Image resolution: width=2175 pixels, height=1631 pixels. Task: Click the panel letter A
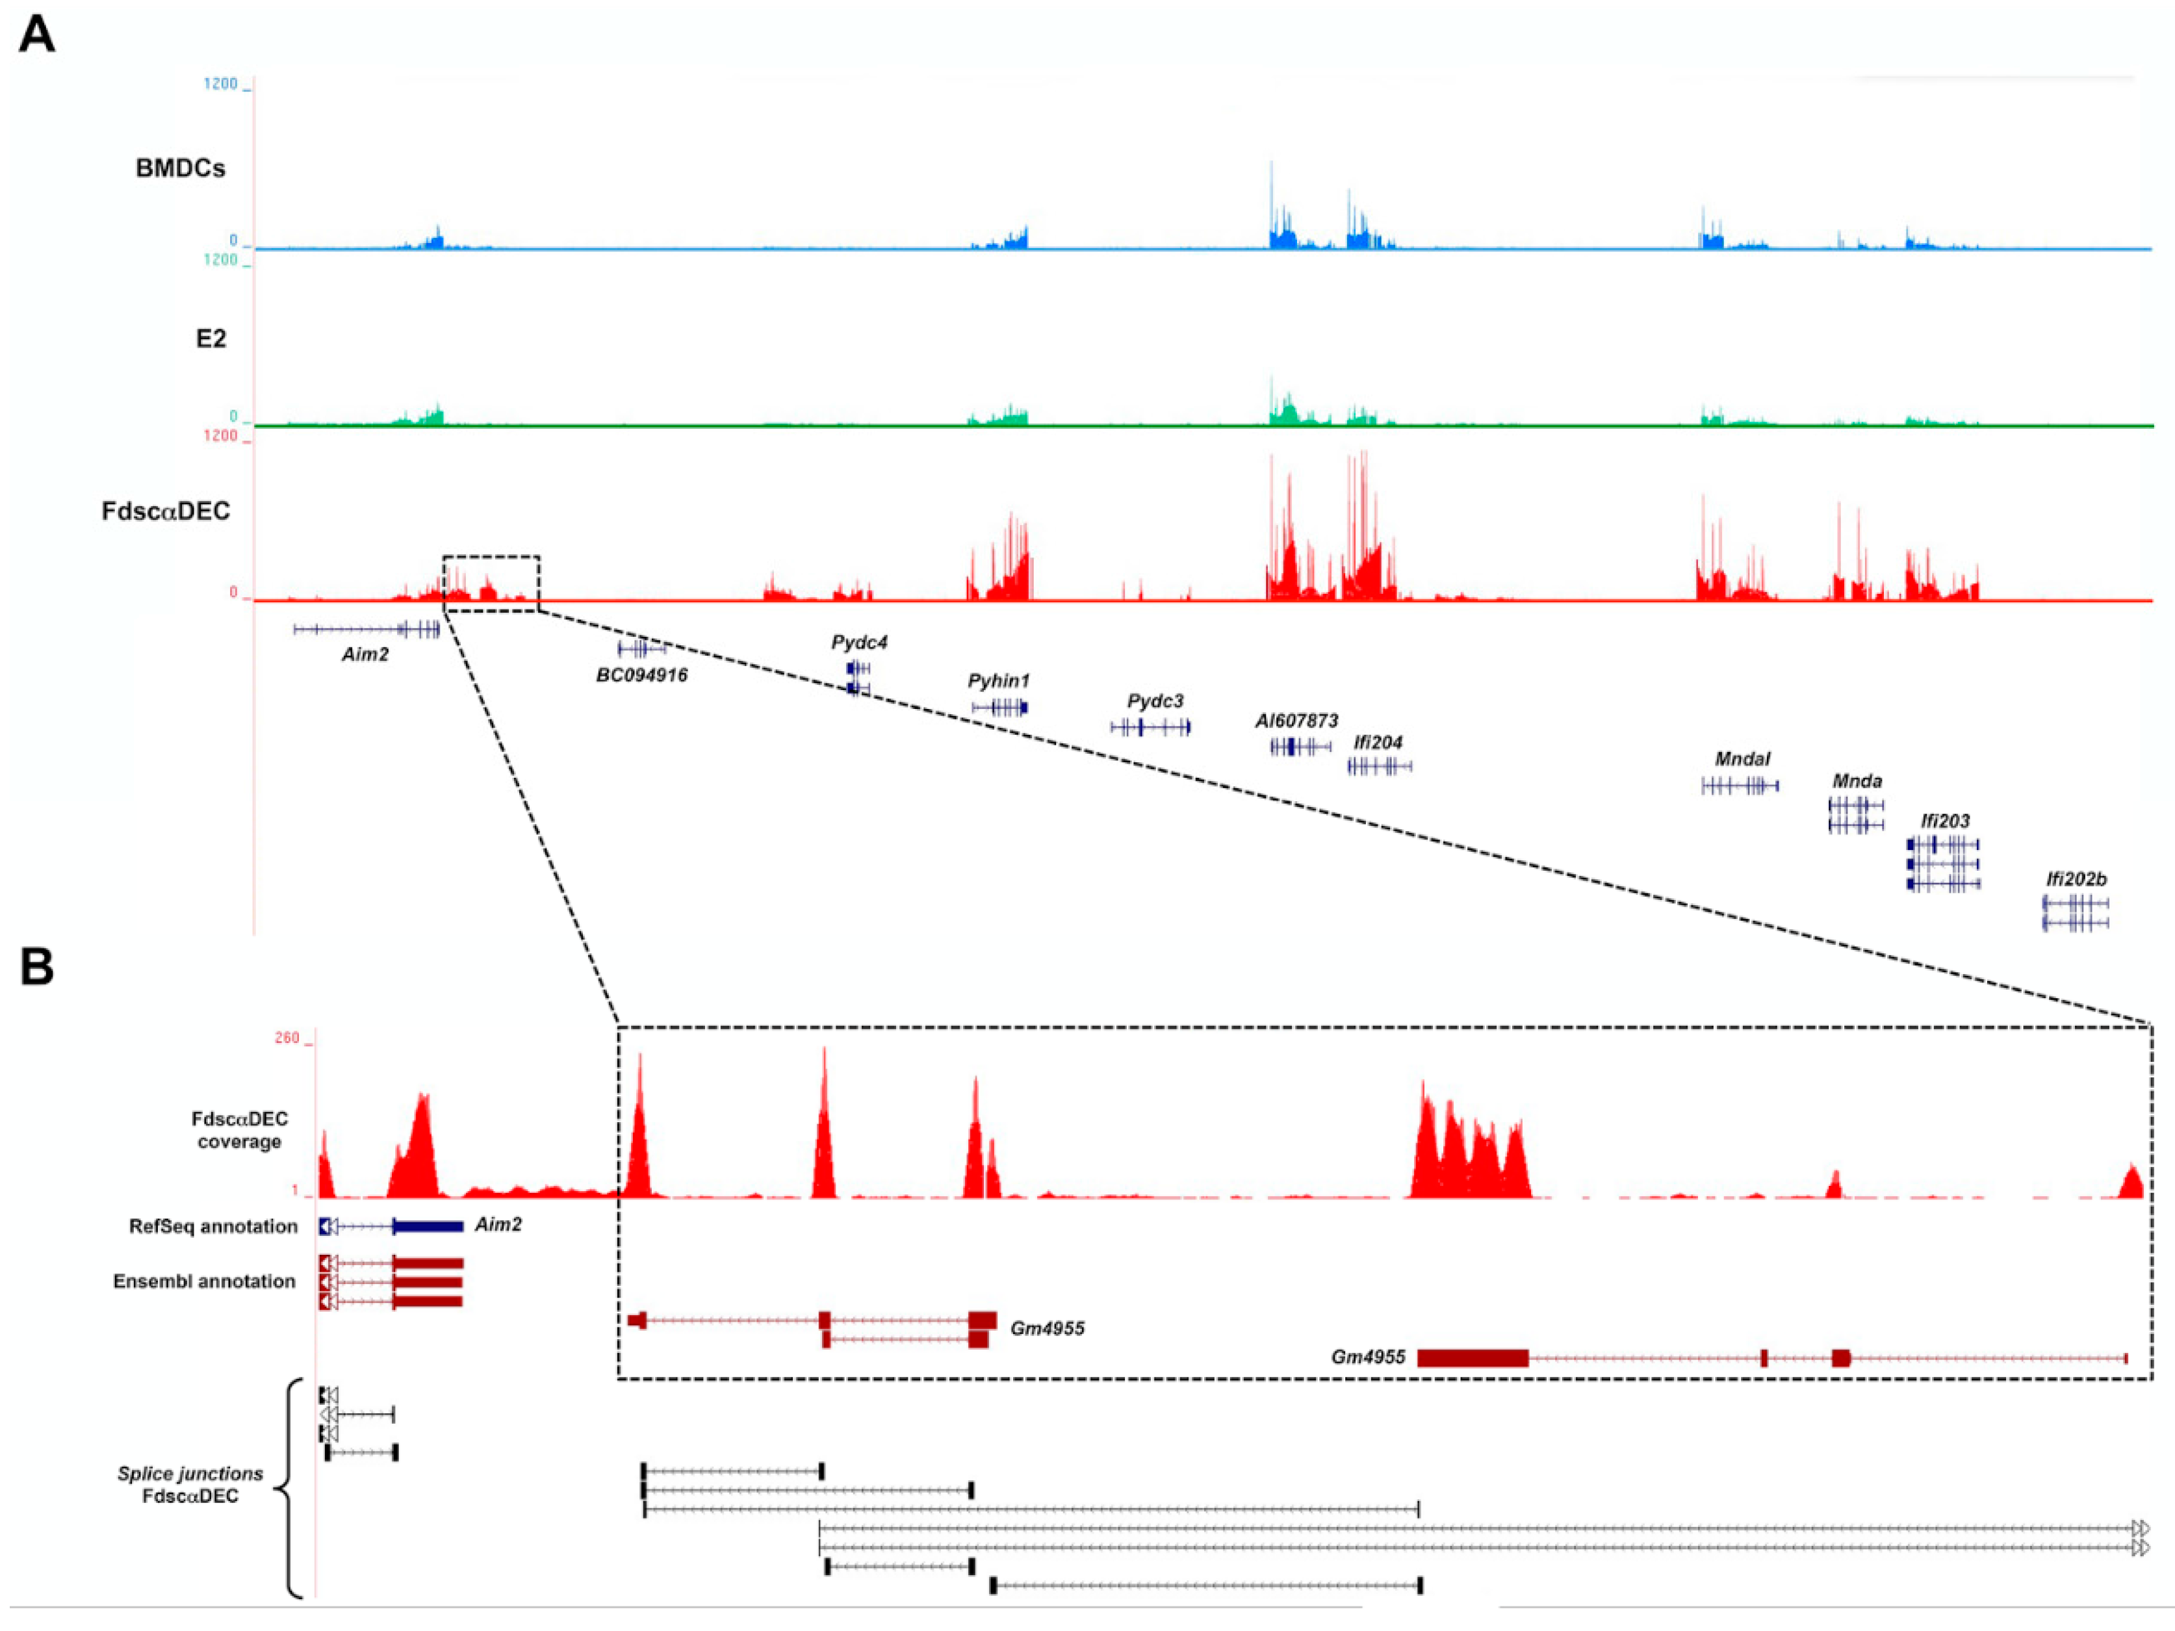coord(36,34)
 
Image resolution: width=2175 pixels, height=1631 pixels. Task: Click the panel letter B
coord(36,966)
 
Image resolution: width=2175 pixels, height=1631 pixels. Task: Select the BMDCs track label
coord(180,168)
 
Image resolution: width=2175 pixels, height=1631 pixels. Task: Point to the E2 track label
coord(211,338)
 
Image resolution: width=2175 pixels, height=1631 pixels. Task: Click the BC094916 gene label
coord(641,675)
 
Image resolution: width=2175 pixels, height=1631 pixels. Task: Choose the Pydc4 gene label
coord(858,642)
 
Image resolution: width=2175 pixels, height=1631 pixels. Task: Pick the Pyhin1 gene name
coord(998,680)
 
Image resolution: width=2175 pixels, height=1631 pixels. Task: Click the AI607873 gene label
coord(1296,721)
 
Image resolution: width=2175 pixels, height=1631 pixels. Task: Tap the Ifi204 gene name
coord(1378,742)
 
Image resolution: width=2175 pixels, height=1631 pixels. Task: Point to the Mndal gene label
coord(1742,759)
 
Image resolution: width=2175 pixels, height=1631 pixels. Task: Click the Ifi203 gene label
coord(1945,821)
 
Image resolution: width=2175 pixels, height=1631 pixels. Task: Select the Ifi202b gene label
coord(2076,879)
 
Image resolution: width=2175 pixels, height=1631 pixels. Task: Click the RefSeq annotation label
coord(212,1226)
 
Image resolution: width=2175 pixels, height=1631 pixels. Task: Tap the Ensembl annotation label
coord(203,1281)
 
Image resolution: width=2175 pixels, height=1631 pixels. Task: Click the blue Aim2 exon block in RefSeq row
coord(428,1226)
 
